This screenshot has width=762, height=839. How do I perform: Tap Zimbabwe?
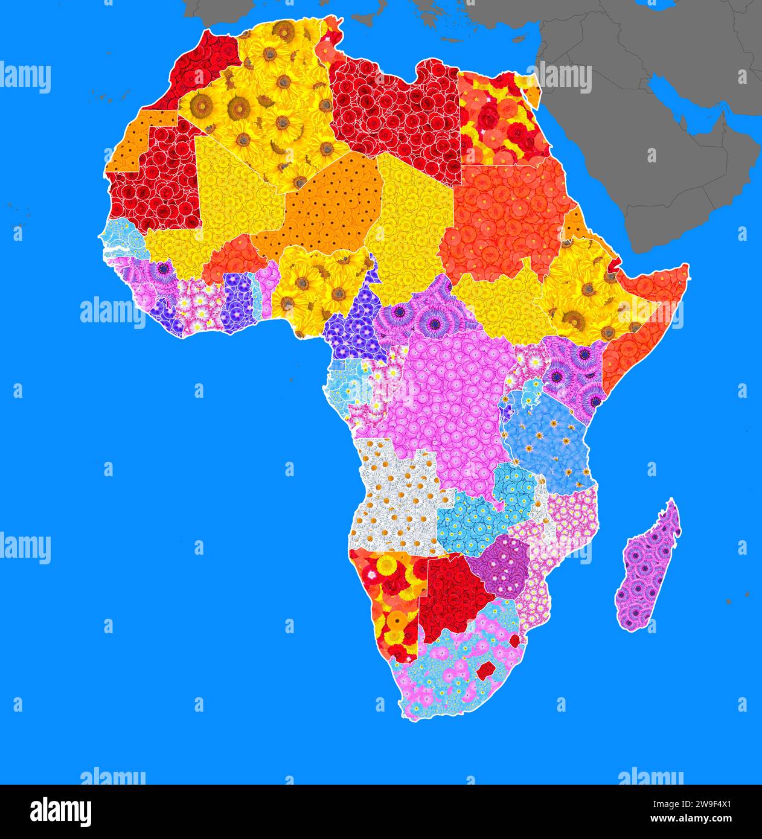(x=498, y=564)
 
